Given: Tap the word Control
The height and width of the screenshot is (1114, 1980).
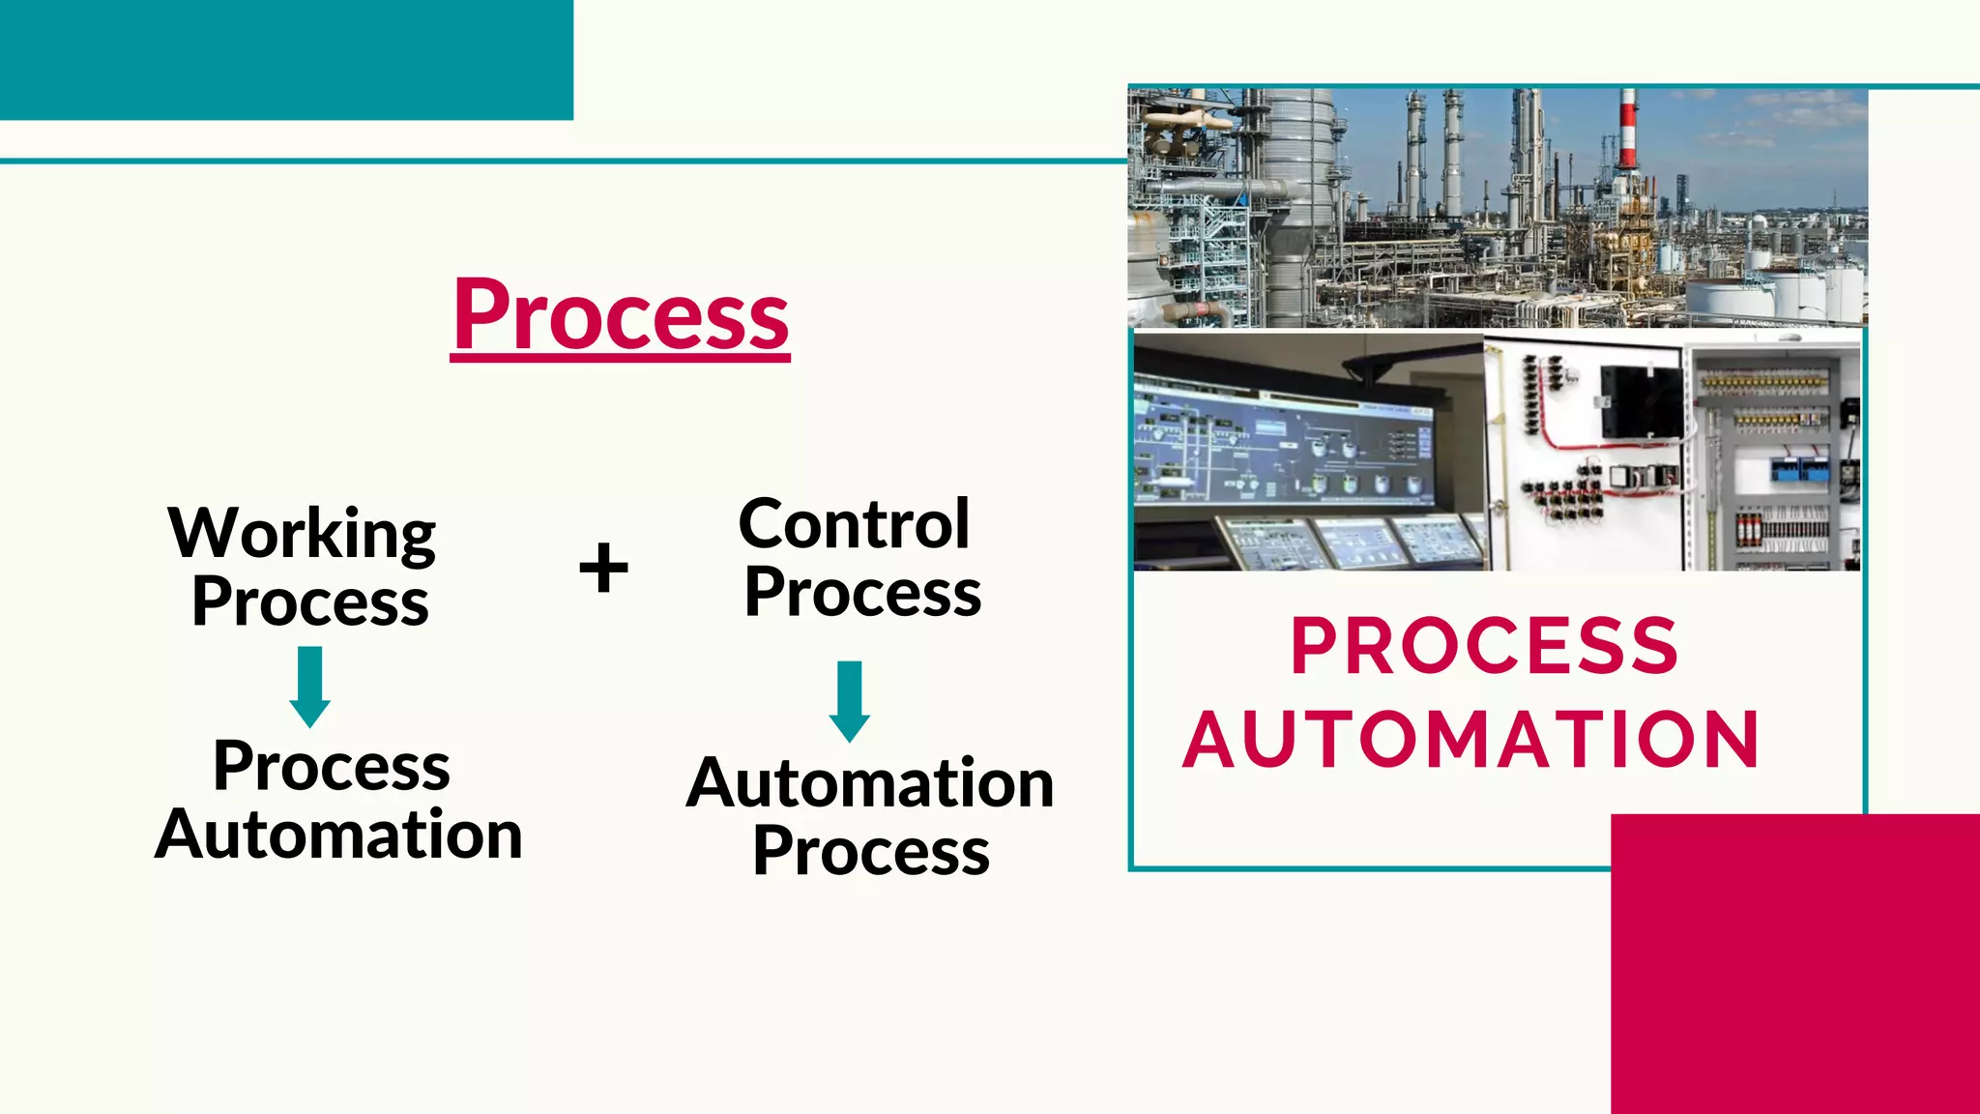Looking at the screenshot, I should pyautogui.click(x=854, y=524).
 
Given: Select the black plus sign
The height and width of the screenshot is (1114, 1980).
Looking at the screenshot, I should pyautogui.click(x=603, y=567).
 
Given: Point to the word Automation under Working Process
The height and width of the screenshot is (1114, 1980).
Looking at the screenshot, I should pyautogui.click(x=338, y=835).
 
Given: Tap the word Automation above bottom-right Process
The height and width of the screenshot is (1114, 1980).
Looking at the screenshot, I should pyautogui.click(x=870, y=783).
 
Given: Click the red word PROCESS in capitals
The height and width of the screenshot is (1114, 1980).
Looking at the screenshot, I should pyautogui.click(x=1484, y=646).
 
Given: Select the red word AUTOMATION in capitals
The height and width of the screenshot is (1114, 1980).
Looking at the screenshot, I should pyautogui.click(x=1471, y=740).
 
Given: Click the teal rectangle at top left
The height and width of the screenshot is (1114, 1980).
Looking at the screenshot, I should pyautogui.click(x=286, y=59).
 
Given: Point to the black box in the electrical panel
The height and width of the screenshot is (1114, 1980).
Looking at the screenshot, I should pyautogui.click(x=1640, y=399).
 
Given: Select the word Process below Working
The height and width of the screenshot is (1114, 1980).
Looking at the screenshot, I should pyautogui.click(x=310, y=602).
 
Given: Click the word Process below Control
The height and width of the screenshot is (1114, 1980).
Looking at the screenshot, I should pyautogui.click(x=862, y=593).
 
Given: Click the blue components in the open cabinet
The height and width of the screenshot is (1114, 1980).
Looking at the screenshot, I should pyautogui.click(x=1799, y=469).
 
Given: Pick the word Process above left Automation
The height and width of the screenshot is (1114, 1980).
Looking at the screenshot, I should pyautogui.click(x=332, y=767).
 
